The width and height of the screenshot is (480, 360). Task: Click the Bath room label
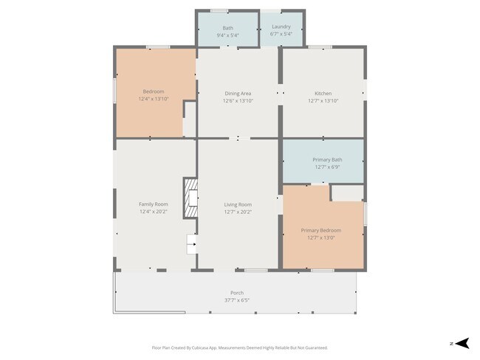coord(227,27)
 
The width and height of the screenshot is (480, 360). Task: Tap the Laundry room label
coord(281,27)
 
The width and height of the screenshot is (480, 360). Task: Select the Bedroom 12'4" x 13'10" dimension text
coord(154,99)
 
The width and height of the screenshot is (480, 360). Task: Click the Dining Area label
coord(238,94)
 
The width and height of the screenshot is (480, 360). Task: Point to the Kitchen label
coord(323,94)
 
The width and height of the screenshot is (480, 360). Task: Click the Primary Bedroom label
coord(321,230)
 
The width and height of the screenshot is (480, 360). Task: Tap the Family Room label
coord(154,204)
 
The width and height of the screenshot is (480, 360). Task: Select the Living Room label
coord(238,204)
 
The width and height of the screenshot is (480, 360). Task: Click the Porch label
coord(237,293)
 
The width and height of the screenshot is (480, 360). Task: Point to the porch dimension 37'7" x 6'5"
coord(237,300)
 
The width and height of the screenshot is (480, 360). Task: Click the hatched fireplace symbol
coord(191,198)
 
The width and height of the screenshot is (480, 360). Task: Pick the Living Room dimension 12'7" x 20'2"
coord(238,212)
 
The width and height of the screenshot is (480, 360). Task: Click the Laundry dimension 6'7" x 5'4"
coord(281,34)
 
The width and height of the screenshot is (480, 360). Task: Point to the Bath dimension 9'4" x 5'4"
coord(227,35)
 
